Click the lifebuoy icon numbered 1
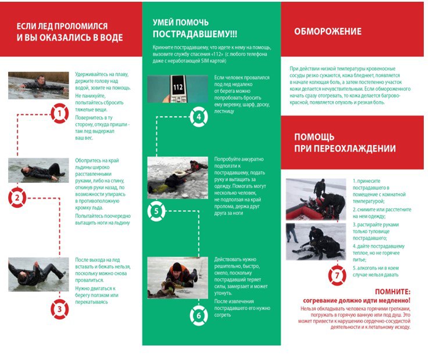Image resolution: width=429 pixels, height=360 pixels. [x=60, y=113]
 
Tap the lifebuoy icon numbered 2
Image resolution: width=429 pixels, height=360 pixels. [x=18, y=199]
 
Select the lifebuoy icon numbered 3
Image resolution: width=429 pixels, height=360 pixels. [x=59, y=309]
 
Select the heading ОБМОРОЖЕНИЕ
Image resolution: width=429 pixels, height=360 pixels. [x=328, y=32]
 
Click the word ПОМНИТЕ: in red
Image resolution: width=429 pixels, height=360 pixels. [x=392, y=291]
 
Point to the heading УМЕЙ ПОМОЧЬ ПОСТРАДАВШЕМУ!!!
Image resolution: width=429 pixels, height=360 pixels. [x=195, y=27]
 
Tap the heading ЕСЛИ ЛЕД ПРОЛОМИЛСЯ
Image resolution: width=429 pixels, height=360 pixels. [x=69, y=32]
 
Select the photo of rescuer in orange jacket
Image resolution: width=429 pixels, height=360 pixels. [x=177, y=278]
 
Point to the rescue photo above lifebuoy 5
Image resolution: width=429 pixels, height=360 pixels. [x=177, y=178]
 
